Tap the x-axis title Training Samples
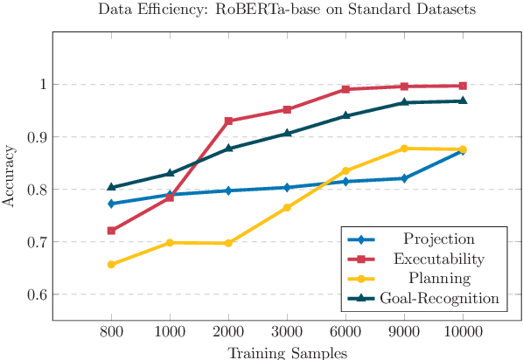click(x=287, y=352)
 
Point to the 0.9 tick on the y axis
click(x=34, y=137)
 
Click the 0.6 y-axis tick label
click(x=34, y=294)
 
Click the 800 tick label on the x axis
click(x=111, y=332)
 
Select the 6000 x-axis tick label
click(x=345, y=332)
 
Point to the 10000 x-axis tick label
click(x=463, y=332)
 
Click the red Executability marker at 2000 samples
click(x=228, y=121)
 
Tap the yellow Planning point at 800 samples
click(x=111, y=264)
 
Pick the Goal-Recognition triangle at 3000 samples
click(x=287, y=133)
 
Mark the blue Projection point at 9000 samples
click(x=404, y=178)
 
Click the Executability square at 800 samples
click(x=111, y=231)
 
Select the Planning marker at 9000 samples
click(x=404, y=149)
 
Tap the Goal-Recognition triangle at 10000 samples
click(x=463, y=100)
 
